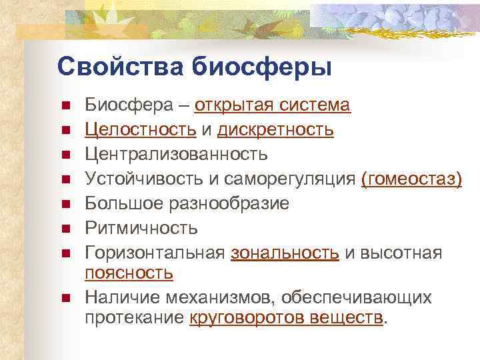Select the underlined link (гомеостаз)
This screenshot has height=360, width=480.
pos(411,179)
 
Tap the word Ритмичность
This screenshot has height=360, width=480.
pos(141,228)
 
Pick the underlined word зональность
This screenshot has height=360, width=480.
pos(285,253)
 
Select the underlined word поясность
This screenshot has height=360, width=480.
pos(129,272)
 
